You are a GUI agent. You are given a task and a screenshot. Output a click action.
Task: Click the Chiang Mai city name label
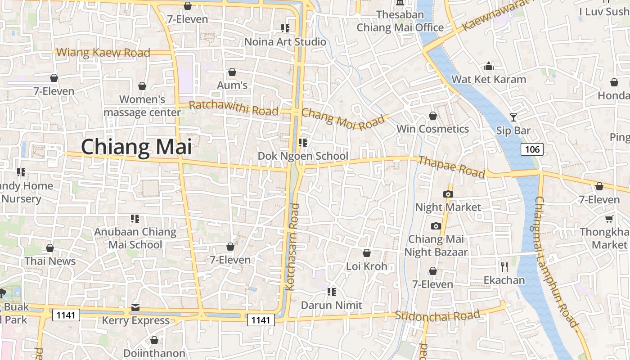coord(136,147)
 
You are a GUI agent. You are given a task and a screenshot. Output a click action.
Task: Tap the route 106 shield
coord(532,149)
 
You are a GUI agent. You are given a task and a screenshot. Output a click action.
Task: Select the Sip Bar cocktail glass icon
coord(513,118)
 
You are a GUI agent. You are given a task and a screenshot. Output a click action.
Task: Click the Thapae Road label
coord(451,166)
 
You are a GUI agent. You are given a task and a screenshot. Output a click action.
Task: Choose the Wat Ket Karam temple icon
coord(489,67)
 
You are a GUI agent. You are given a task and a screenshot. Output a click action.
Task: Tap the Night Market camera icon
coord(448,194)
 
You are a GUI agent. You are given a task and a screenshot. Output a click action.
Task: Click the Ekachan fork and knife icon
coord(504,267)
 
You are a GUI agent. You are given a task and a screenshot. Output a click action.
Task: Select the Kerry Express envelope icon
coord(135,307)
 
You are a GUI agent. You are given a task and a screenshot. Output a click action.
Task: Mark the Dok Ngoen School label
coord(303,156)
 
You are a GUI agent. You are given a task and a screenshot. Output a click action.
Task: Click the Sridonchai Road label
coord(437,315)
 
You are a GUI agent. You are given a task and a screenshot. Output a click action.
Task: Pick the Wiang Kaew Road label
coord(103,53)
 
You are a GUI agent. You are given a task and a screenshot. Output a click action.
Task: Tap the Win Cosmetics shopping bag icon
coord(433,116)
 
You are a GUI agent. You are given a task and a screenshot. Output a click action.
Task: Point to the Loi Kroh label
coord(367,266)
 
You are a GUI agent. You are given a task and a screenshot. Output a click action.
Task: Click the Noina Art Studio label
coord(285,42)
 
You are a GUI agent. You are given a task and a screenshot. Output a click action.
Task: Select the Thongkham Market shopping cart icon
coord(609,219)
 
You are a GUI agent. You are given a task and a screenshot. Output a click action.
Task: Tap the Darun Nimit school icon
coord(332,292)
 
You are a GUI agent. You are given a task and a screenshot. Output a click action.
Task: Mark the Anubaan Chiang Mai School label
coord(135,238)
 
